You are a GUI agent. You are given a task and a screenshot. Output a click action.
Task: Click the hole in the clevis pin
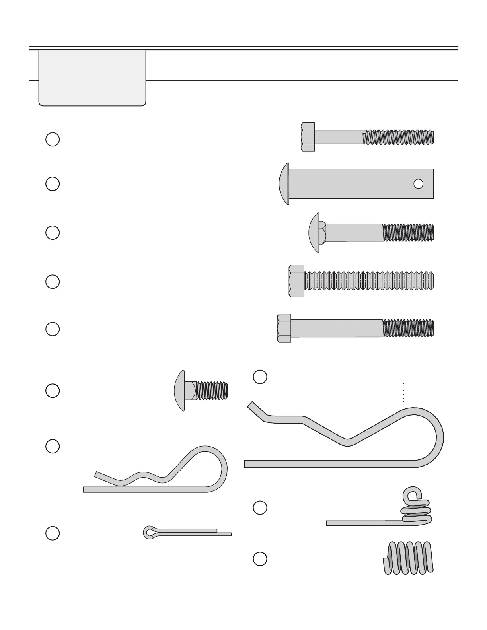(418, 184)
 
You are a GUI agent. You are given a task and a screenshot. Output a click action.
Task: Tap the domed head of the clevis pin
(284, 184)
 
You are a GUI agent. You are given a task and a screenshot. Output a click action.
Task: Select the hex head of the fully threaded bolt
(297, 281)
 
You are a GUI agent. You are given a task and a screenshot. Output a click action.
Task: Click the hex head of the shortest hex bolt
(308, 137)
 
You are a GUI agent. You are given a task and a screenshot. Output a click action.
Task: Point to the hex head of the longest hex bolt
(284, 329)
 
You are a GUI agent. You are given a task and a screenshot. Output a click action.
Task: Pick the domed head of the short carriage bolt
(180, 391)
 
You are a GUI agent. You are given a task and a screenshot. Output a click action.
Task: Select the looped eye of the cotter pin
(150, 532)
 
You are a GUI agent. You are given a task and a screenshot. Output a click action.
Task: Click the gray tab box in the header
(92, 78)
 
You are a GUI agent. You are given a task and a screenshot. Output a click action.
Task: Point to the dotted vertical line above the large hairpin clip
(403, 393)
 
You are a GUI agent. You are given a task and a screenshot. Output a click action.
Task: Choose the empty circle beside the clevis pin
(53, 184)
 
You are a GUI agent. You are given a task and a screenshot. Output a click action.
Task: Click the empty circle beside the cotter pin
(53, 533)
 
